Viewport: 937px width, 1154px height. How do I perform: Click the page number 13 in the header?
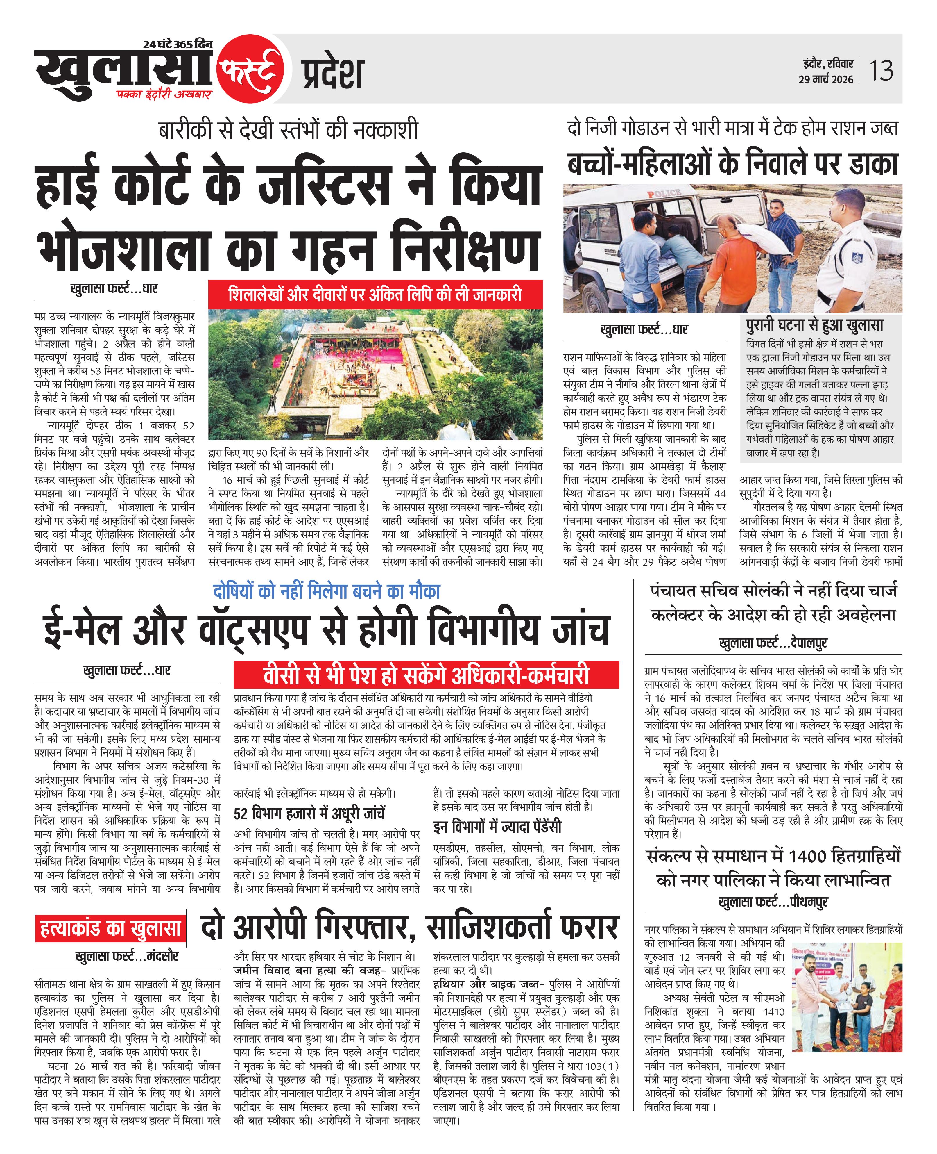click(x=881, y=71)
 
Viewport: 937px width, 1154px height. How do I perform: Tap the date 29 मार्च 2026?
click(x=826, y=79)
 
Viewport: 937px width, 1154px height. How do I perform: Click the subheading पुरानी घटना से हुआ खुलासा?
click(x=814, y=326)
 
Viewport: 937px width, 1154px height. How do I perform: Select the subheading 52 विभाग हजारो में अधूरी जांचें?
click(x=309, y=813)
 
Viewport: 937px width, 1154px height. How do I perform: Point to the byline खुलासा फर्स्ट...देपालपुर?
click(x=773, y=643)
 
